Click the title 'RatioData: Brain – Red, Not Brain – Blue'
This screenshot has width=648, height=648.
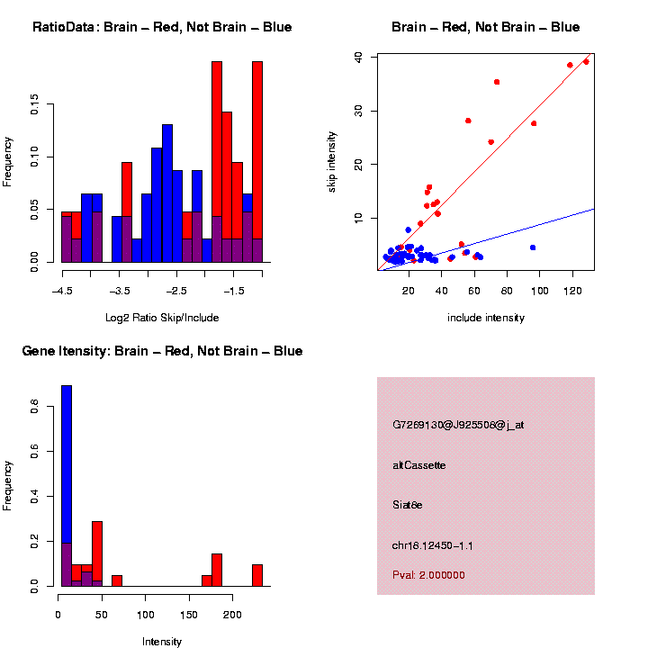pyautogui.click(x=162, y=27)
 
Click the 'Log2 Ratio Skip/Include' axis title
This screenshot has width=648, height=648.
pyautogui.click(x=162, y=318)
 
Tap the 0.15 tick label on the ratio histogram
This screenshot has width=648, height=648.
pyautogui.click(x=34, y=107)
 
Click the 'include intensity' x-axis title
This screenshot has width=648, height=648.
pyautogui.click(x=486, y=318)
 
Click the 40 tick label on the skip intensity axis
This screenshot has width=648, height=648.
pyautogui.click(x=359, y=57)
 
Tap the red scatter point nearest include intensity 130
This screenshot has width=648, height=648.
pyautogui.click(x=586, y=62)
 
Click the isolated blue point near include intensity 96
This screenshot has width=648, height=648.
pyautogui.click(x=533, y=247)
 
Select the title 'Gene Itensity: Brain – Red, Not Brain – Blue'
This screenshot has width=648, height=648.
pyautogui.click(x=162, y=351)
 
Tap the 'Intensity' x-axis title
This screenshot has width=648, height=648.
pyautogui.click(x=162, y=642)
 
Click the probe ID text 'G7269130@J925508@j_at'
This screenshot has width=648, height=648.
pyautogui.click(x=458, y=425)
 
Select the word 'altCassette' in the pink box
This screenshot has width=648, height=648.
pyautogui.click(x=419, y=465)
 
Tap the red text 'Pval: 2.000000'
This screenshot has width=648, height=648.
pyautogui.click(x=429, y=575)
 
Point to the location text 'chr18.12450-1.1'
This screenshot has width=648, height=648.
pyautogui.click(x=433, y=545)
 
